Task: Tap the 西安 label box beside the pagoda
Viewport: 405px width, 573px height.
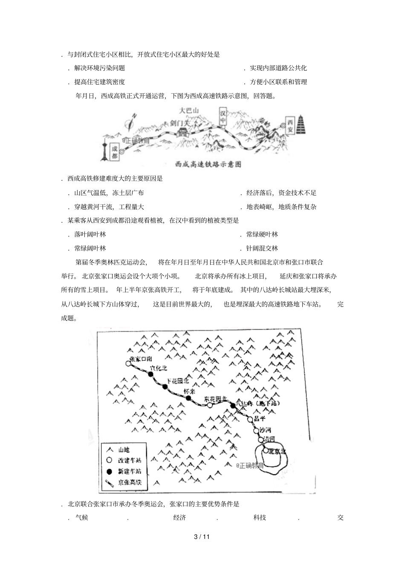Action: point(290,126)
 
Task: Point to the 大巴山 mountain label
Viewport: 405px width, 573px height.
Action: point(189,111)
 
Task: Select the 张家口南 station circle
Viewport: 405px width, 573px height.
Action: point(128,363)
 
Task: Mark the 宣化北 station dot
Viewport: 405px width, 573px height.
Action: point(150,374)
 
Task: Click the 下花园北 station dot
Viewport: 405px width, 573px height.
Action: point(165,387)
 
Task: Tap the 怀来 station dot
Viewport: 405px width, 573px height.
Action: point(188,398)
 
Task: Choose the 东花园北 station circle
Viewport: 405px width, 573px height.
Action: point(210,405)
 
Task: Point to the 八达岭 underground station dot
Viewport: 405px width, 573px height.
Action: point(233,406)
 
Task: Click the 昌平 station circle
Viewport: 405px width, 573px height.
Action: point(251,419)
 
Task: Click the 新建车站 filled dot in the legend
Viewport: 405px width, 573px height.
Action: point(109,471)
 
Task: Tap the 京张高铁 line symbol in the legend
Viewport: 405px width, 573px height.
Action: point(109,482)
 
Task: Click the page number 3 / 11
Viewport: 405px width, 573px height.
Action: point(202,536)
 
